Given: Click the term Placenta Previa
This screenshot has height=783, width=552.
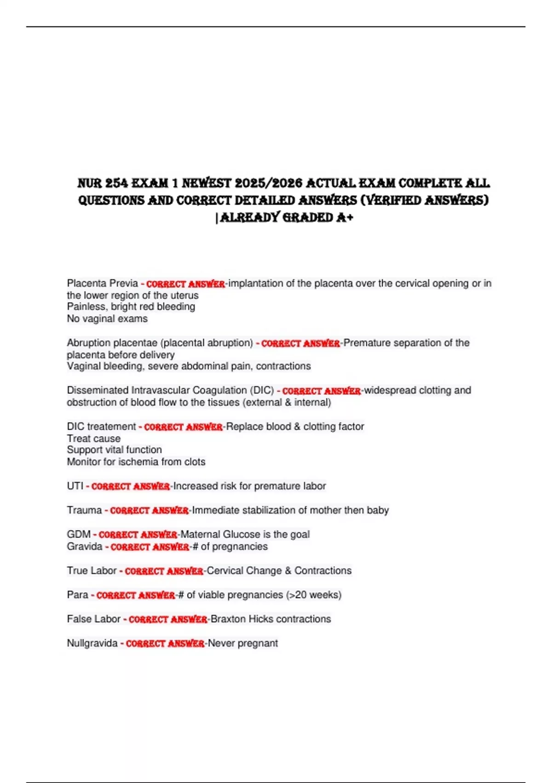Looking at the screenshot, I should tap(102, 283).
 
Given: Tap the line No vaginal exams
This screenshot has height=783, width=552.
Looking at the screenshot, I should tap(107, 319).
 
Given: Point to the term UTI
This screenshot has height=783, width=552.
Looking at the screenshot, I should tap(75, 486).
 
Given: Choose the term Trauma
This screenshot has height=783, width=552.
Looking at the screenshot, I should tap(84, 510).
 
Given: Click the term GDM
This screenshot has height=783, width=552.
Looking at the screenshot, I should tap(79, 534).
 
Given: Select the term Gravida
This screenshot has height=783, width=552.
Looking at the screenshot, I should tap(85, 547).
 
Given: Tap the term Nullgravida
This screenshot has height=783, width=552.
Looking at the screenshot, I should tap(92, 643).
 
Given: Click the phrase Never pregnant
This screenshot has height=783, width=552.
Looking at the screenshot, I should tap(243, 643).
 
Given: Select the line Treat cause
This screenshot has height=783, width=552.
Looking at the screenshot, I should tap(93, 438).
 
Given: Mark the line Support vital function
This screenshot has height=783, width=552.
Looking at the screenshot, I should tap(114, 450).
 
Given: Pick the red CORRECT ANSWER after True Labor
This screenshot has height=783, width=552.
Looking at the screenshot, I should tap(164, 571).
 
